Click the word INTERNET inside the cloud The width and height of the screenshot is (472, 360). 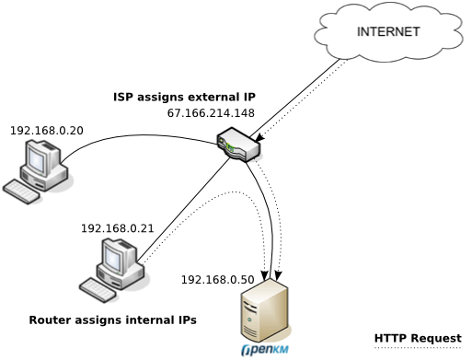[389, 31]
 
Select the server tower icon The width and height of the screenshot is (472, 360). [264, 312]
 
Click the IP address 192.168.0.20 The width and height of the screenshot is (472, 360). [46, 131]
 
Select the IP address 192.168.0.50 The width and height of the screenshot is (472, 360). [216, 279]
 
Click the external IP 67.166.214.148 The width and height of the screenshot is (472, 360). [211, 113]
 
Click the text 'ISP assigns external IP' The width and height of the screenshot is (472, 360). [184, 97]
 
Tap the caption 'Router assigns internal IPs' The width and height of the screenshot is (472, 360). [112, 320]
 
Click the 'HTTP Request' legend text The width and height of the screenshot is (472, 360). [418, 338]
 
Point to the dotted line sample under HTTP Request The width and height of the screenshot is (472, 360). [418, 349]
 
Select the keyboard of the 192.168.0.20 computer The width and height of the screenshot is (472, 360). [22, 192]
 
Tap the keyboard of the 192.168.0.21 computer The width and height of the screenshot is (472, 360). [98, 288]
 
